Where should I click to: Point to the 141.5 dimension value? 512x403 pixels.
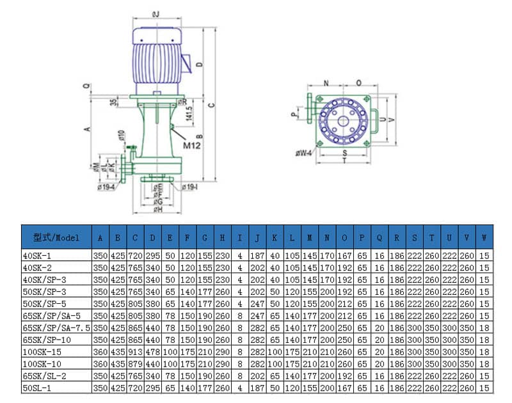coord(189,113)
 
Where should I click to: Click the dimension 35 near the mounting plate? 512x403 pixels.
coord(113,102)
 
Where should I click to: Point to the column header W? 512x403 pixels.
coord(484,237)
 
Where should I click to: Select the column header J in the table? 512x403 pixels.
coord(257,237)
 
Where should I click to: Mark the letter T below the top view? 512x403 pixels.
coord(344,161)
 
